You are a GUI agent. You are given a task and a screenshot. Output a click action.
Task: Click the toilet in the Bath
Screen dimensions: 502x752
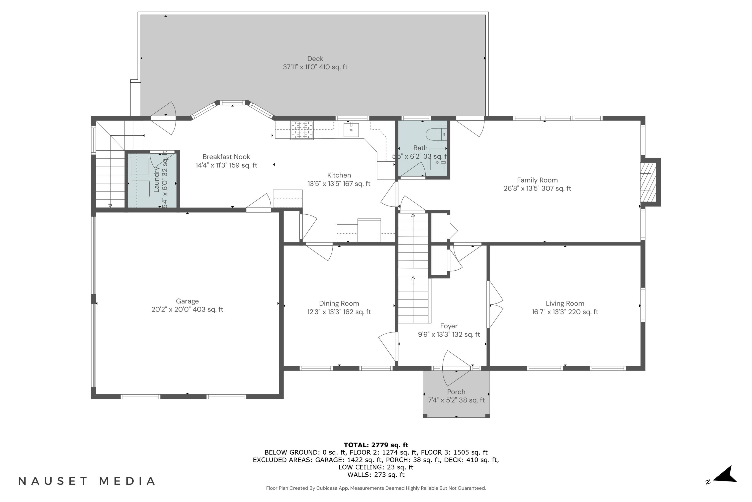tap(436, 134)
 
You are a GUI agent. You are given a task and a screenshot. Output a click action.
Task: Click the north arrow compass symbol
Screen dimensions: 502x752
tap(726, 479)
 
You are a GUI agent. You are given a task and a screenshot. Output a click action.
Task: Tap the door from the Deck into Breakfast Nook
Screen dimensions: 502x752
tap(164, 118)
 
